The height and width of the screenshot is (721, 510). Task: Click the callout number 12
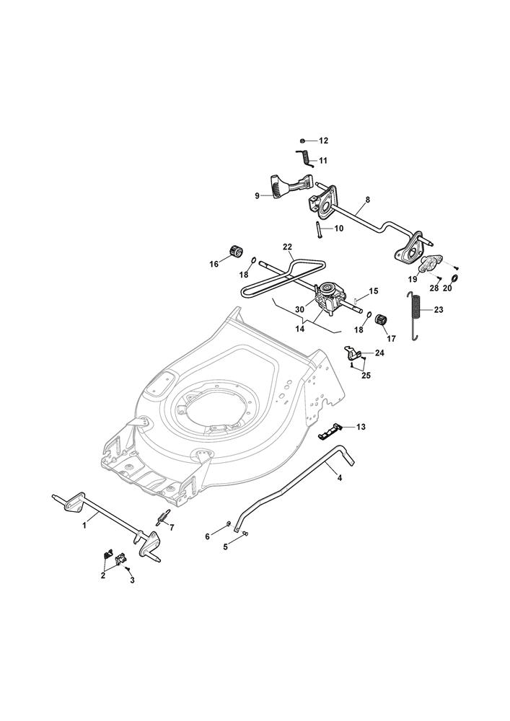(x=324, y=141)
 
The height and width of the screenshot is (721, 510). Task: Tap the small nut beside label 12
(x=304, y=140)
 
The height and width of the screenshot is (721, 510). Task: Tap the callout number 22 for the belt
(x=288, y=248)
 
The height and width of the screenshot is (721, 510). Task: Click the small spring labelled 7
(x=162, y=518)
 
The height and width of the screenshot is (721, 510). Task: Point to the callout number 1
(x=85, y=526)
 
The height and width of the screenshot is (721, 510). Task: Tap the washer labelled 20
(x=456, y=278)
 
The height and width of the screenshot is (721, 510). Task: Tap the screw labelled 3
(x=127, y=570)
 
